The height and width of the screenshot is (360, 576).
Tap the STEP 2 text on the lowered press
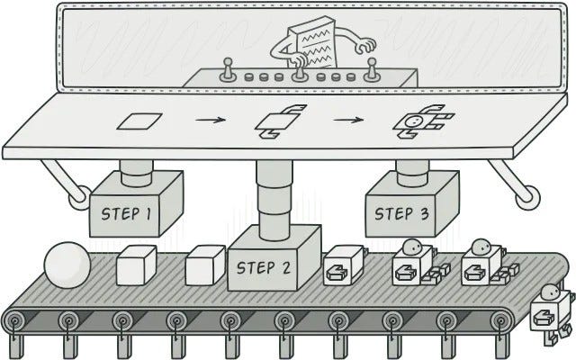265,267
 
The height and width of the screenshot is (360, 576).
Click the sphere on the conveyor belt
68,265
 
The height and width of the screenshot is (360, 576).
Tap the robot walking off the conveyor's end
549,315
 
